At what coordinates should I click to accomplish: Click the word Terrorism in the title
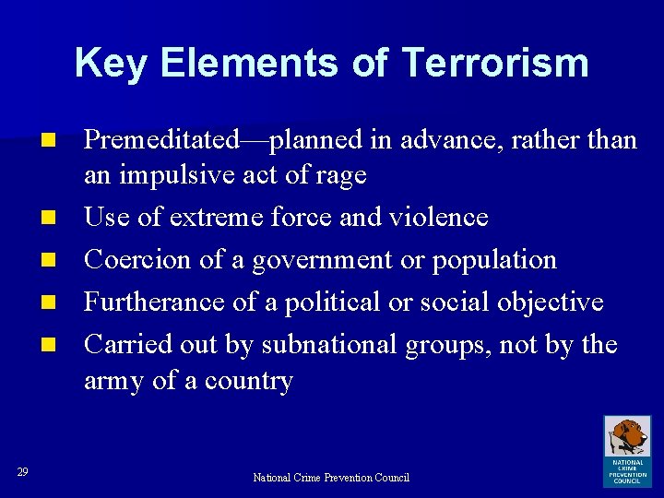click(x=495, y=63)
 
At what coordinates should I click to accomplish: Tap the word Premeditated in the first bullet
click(x=160, y=140)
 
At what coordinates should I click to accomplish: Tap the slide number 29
click(x=23, y=473)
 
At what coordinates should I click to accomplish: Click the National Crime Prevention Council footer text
click(x=331, y=478)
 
